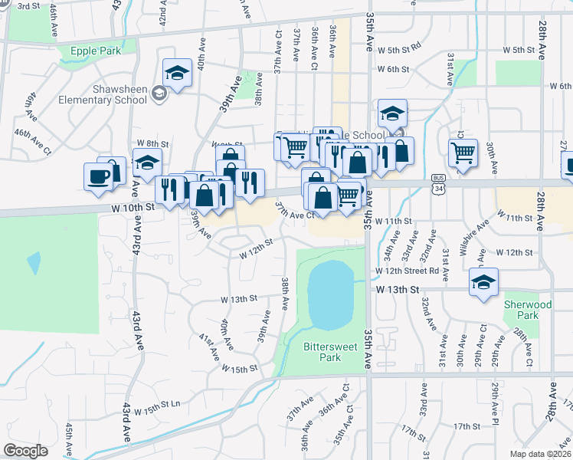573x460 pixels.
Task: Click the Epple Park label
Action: (96, 51)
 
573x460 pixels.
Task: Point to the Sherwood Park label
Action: (527, 310)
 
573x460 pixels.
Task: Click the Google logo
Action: (25, 451)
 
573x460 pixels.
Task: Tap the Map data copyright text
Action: (541, 454)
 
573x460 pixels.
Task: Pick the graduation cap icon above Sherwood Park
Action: (483, 282)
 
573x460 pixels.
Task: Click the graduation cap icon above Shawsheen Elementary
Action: (178, 74)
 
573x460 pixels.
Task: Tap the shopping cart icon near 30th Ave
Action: (463, 153)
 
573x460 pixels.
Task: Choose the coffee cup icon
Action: (98, 176)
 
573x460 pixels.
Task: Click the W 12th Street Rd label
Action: (407, 271)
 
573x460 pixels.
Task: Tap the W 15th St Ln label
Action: (157, 402)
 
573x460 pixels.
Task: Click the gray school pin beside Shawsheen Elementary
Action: (159, 94)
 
